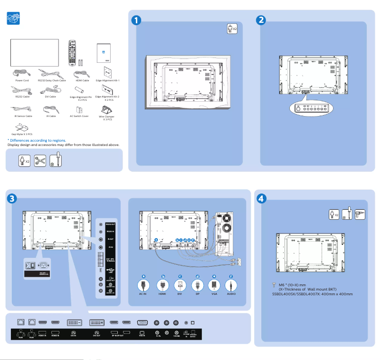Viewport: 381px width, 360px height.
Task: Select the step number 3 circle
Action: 13,198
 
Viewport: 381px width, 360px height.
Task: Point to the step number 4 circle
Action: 261,198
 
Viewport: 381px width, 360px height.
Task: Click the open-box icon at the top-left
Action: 14,19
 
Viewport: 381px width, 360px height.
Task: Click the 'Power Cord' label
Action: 22,80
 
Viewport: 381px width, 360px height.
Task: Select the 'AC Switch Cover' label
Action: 79,116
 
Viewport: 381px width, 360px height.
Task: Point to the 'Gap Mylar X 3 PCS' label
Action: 22,135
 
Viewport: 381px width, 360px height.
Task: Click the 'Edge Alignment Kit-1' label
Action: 107,80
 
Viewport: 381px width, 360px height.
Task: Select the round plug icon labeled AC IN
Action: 143,285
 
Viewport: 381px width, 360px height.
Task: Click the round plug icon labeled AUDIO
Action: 231,285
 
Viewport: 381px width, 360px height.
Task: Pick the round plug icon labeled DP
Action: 197,285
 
